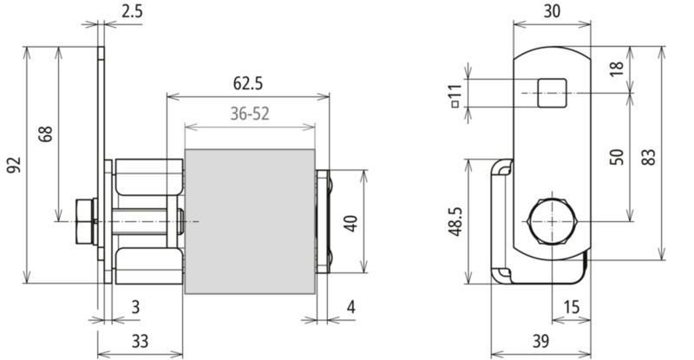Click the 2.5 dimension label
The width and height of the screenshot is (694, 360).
(x=133, y=11)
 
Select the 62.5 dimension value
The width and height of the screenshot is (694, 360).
(x=248, y=83)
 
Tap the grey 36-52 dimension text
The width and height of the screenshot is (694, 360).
(x=250, y=114)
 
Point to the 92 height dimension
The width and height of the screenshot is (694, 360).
(x=14, y=165)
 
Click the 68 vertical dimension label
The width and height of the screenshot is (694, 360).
(x=45, y=134)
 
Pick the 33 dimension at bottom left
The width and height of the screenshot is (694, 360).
(x=140, y=342)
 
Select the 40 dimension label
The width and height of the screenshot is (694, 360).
(x=350, y=223)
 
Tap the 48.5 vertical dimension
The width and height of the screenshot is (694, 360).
(x=456, y=221)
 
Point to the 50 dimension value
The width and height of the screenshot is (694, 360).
(x=616, y=157)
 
